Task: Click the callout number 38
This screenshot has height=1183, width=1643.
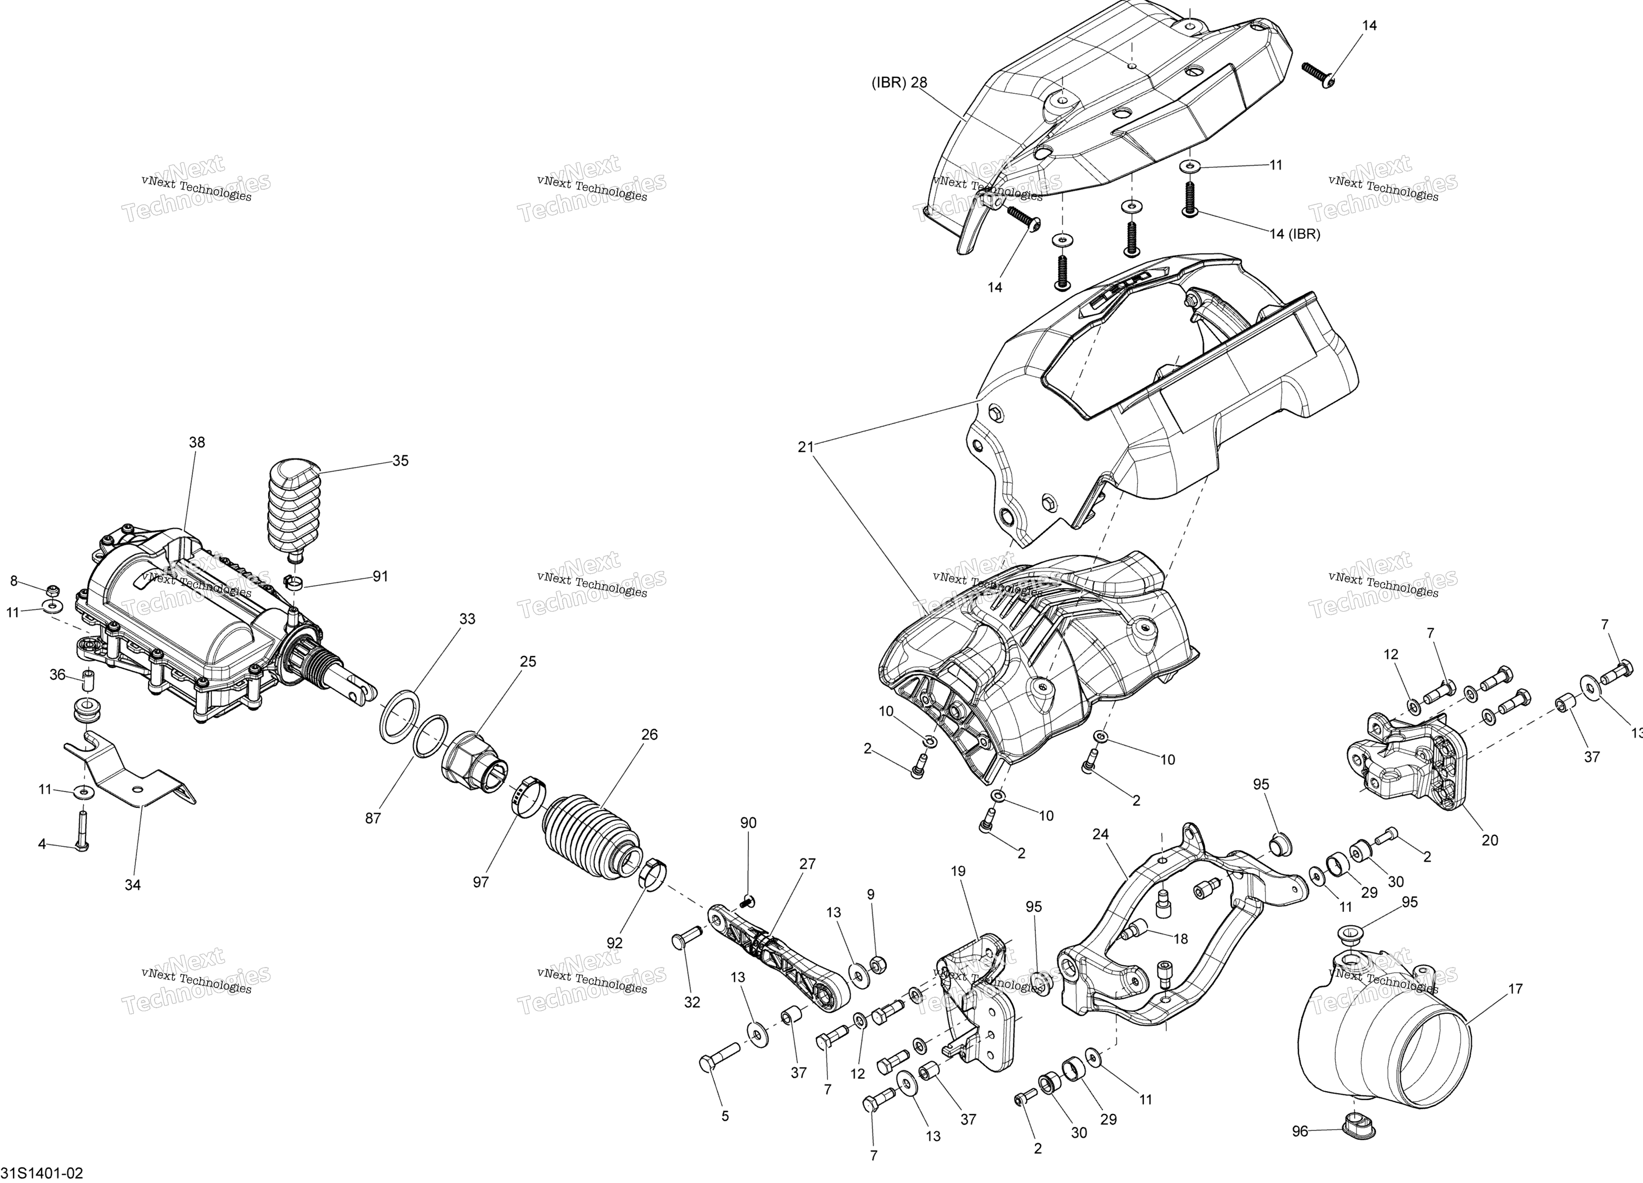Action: [x=196, y=442]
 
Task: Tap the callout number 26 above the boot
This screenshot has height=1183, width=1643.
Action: [x=649, y=735]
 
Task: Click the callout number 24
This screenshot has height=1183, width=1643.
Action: [x=1101, y=835]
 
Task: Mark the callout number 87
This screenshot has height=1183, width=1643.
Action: [x=372, y=818]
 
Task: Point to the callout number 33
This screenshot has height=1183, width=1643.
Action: [x=467, y=619]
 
